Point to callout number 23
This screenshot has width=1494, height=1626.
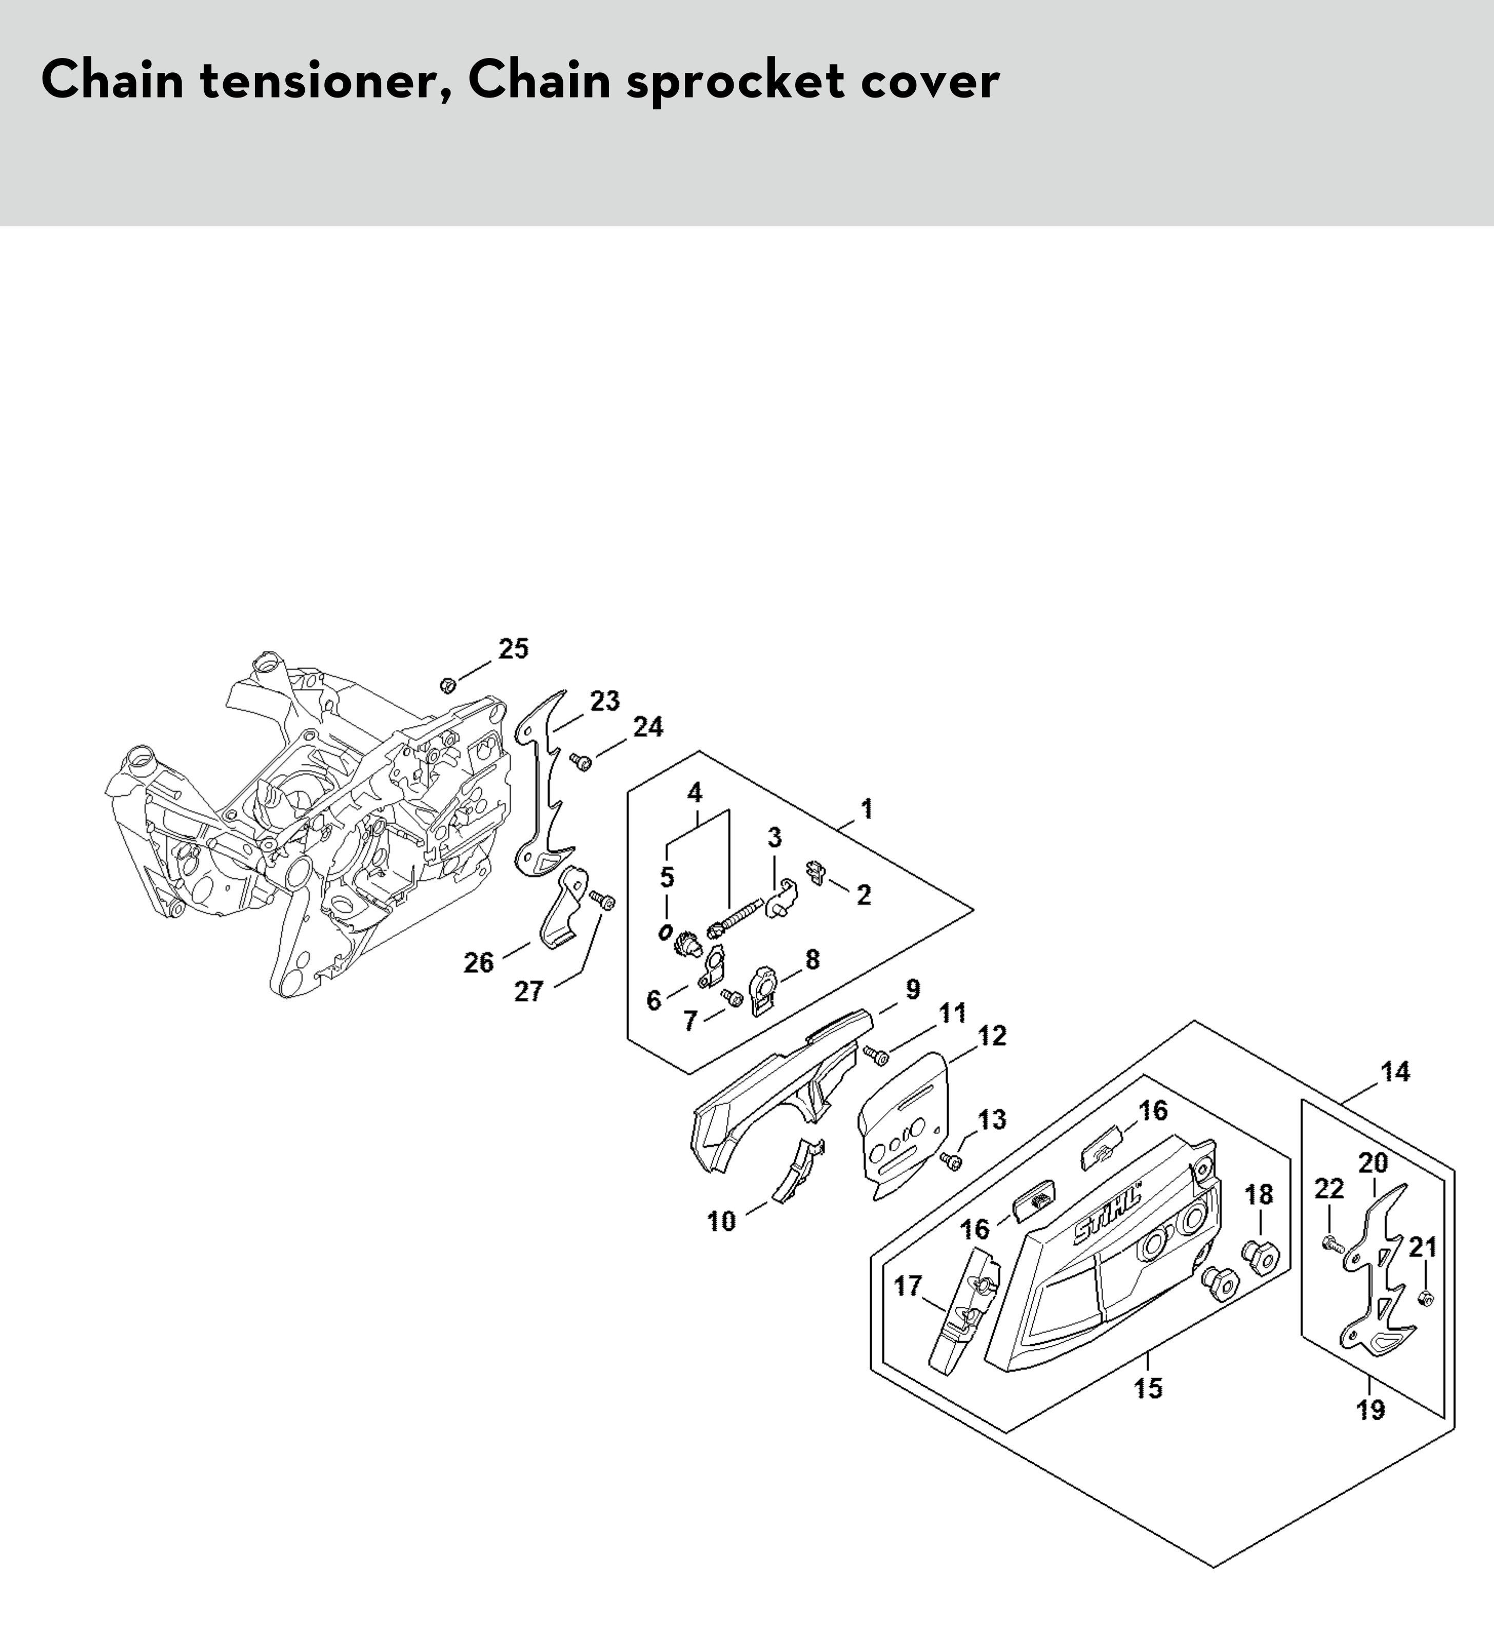[x=605, y=701]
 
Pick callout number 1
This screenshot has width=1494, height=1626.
[x=867, y=808]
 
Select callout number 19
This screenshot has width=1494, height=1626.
[x=1371, y=1409]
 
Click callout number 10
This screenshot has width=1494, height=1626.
[x=722, y=1221]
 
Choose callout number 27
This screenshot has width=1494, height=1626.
[x=529, y=991]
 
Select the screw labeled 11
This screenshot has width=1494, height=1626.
[x=876, y=1054]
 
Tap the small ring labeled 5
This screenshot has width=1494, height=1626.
[x=666, y=932]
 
